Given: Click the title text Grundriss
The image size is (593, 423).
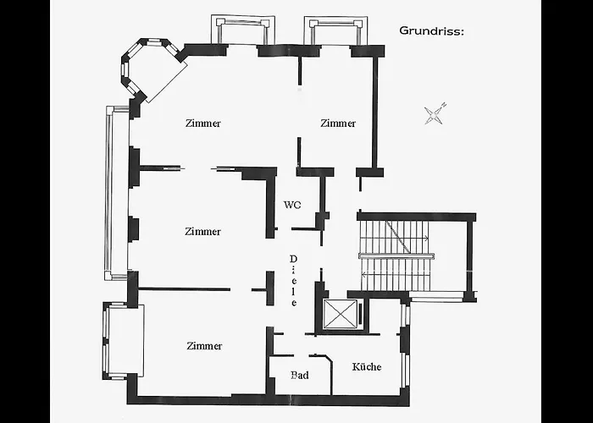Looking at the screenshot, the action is coord(431,30).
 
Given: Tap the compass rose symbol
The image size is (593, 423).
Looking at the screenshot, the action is coord(434,114).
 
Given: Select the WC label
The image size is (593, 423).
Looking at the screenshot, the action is coord(292,205).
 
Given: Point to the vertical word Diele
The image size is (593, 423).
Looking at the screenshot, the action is coord(293,281).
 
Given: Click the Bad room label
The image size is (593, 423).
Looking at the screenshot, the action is coord(300,375).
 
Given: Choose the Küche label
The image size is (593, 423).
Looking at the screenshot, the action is coord(367,366).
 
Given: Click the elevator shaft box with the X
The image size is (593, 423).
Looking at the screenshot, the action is coord(341,314).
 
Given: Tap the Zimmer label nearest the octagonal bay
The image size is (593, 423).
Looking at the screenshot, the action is coord(203,124).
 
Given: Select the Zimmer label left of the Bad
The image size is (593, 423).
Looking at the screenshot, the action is coord(204,345).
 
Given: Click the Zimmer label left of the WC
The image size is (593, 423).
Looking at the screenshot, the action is coord(202,231).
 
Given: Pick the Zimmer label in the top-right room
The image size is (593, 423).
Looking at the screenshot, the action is coord(338,124).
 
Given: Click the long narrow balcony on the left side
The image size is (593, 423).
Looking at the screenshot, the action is coord(117,193).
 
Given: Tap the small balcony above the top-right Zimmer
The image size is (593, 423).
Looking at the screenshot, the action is coord(335,30).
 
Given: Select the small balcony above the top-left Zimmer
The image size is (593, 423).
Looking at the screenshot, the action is coord(243,30).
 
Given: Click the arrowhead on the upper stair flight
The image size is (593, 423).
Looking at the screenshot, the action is coord(426,239).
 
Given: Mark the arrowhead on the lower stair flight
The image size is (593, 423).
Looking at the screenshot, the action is coord(364,275).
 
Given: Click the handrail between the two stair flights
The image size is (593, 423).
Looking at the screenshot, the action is coord(396,256).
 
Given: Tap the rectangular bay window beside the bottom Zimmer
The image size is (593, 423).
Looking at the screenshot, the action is coord(124,341).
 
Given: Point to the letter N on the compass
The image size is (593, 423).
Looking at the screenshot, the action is coord(445,105).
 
